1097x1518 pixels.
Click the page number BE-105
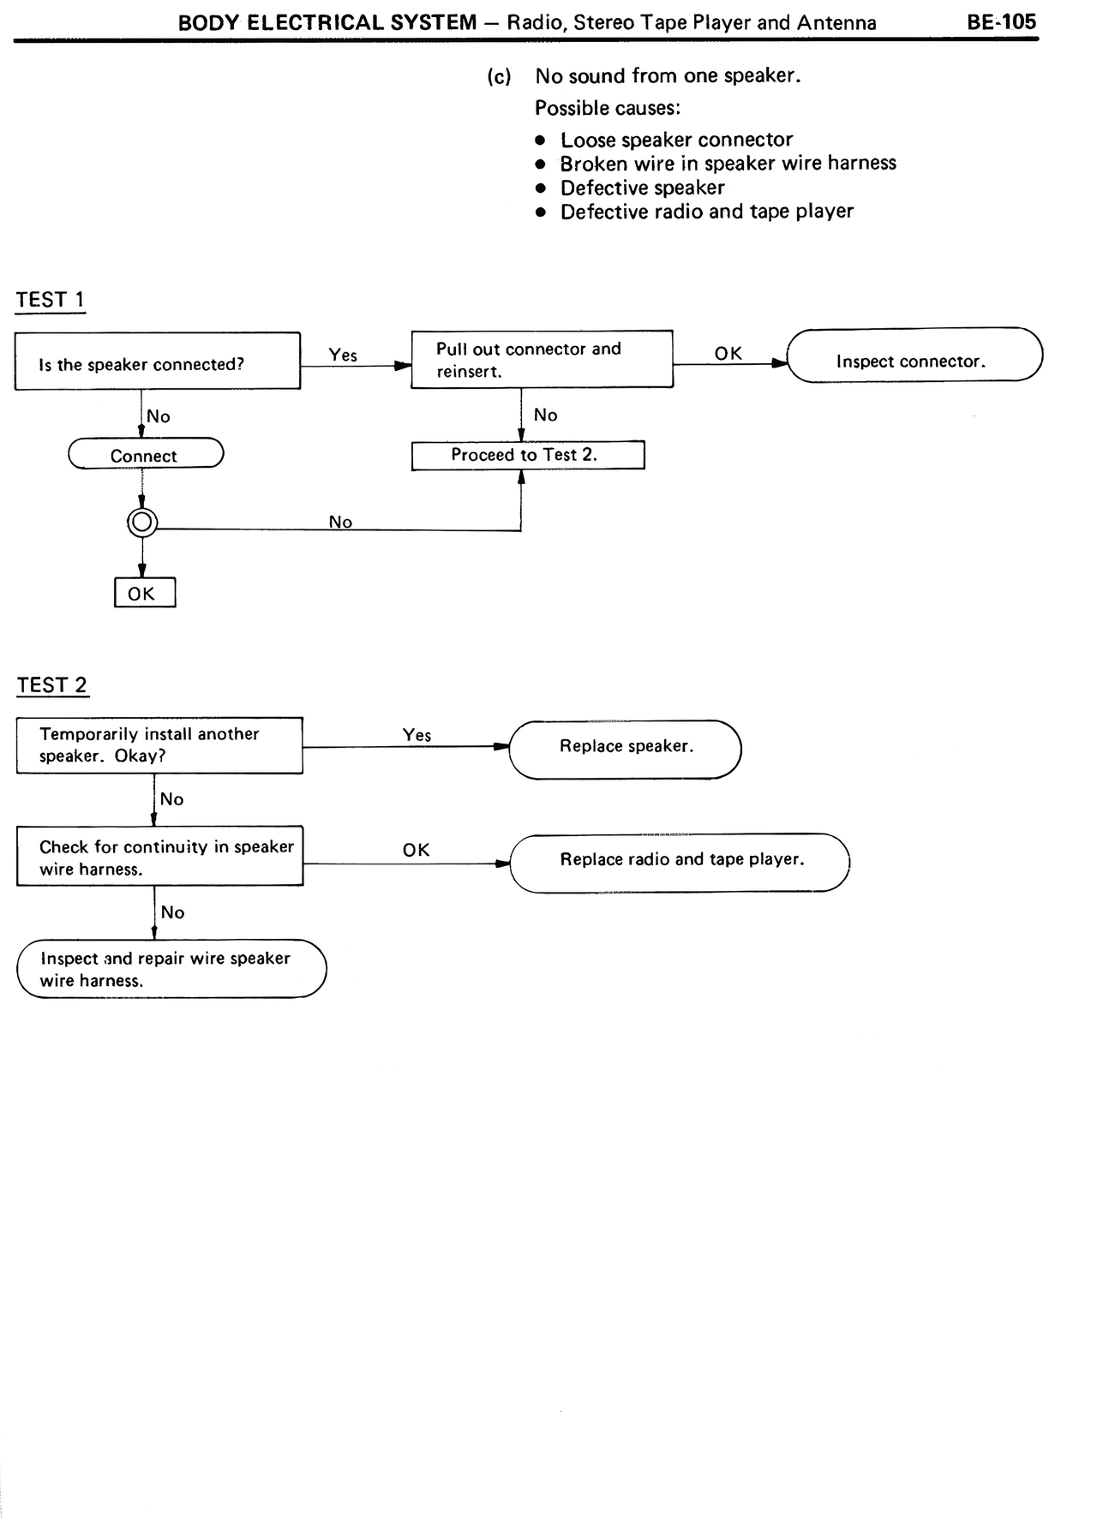point(1001,21)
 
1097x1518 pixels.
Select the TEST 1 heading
point(51,300)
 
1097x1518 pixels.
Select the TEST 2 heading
point(52,685)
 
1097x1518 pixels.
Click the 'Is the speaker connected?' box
point(158,362)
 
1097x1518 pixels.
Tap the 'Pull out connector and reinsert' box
point(542,360)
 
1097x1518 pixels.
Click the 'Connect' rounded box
point(146,454)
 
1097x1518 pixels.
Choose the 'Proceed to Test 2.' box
point(527,455)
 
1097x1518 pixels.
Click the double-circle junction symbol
point(142,522)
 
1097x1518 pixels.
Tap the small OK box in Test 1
point(145,593)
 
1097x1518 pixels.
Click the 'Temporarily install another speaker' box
point(159,745)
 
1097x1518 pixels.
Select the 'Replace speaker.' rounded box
point(625,750)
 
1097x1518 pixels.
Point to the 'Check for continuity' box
point(159,856)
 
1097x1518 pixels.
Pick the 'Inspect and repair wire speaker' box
point(171,969)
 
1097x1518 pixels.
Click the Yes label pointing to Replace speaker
point(417,735)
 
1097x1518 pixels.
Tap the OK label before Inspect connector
point(728,353)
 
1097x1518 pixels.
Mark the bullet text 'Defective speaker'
point(642,188)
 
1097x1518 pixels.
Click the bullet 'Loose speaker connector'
point(676,140)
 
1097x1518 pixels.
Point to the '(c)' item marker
point(499,76)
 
